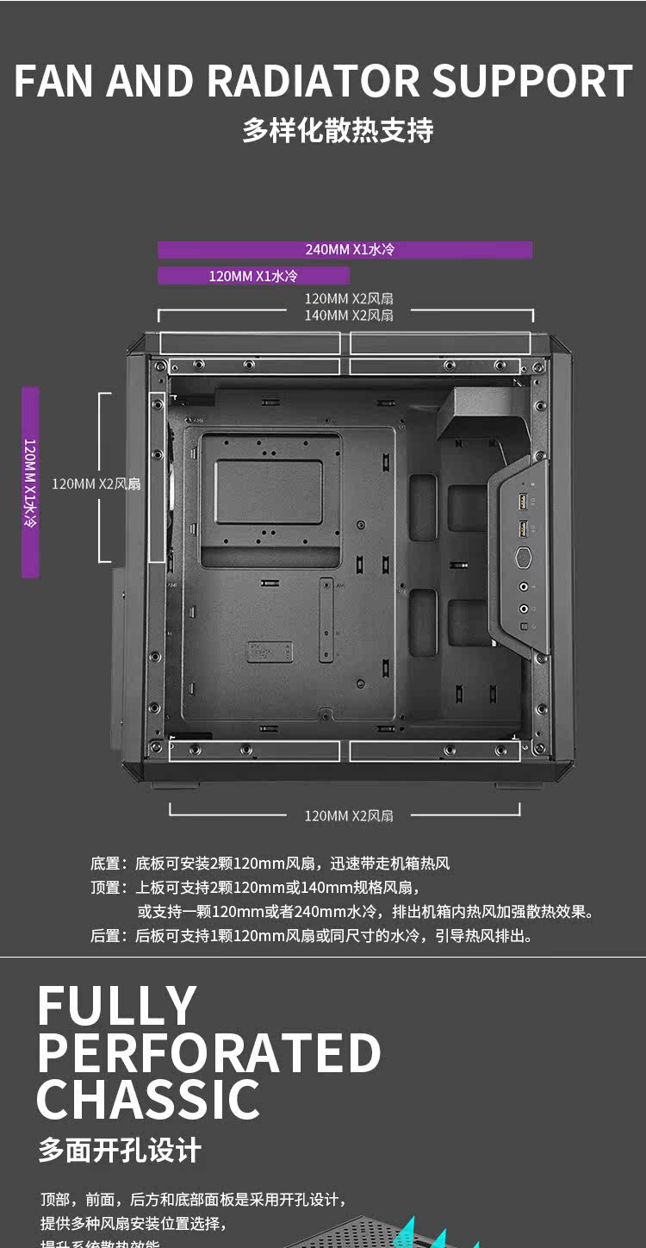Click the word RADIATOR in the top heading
314,82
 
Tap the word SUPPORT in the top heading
531,82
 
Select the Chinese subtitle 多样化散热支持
338,131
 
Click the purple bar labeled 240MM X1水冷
345,250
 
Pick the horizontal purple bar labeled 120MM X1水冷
253,276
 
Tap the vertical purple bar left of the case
30,482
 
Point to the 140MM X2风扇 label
349,315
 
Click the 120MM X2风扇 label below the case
349,815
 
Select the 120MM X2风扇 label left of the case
95,484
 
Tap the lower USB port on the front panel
521,528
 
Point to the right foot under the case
507,785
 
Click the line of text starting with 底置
270,863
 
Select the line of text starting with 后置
312,936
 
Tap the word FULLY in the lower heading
117,1006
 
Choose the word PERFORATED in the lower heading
209,1052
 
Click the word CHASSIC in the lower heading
148,1099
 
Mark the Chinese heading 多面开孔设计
120,1150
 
